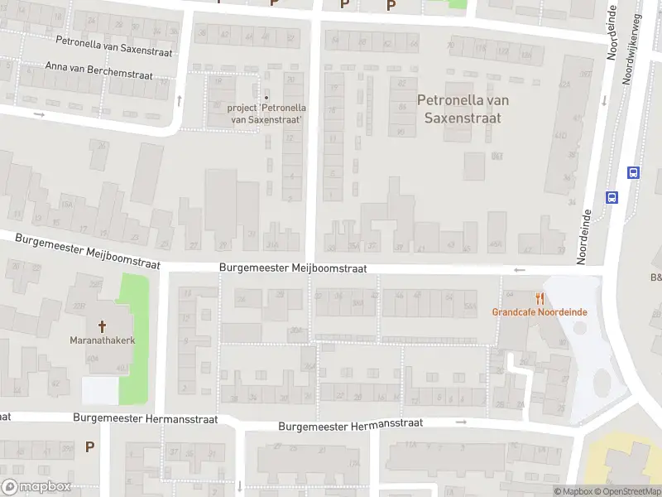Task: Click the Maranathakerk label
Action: click(x=103, y=340)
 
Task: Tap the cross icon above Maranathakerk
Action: click(x=103, y=326)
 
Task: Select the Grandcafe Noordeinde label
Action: click(x=540, y=312)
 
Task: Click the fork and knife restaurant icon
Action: click(x=540, y=298)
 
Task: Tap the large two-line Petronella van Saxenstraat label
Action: click(x=463, y=109)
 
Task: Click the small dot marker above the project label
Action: click(x=266, y=97)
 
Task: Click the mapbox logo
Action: click(x=35, y=487)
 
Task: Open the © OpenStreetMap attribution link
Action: click(x=633, y=491)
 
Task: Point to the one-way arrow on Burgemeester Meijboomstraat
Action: click(x=520, y=270)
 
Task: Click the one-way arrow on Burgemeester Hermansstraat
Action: click(x=462, y=422)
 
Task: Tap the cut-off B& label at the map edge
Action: click(x=655, y=277)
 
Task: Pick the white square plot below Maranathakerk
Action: click(x=99, y=390)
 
